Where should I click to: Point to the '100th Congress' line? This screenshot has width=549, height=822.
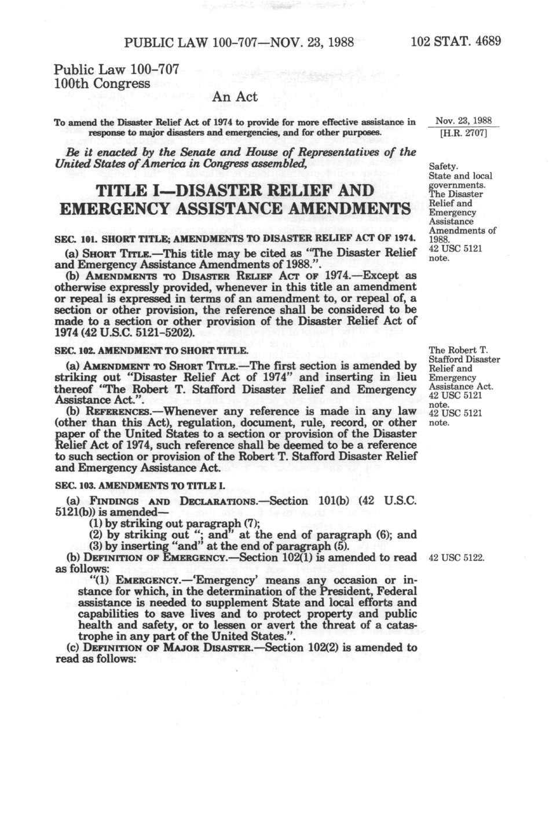pyautogui.click(x=102, y=83)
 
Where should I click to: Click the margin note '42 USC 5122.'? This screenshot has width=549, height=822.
pyautogui.click(x=455, y=558)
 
